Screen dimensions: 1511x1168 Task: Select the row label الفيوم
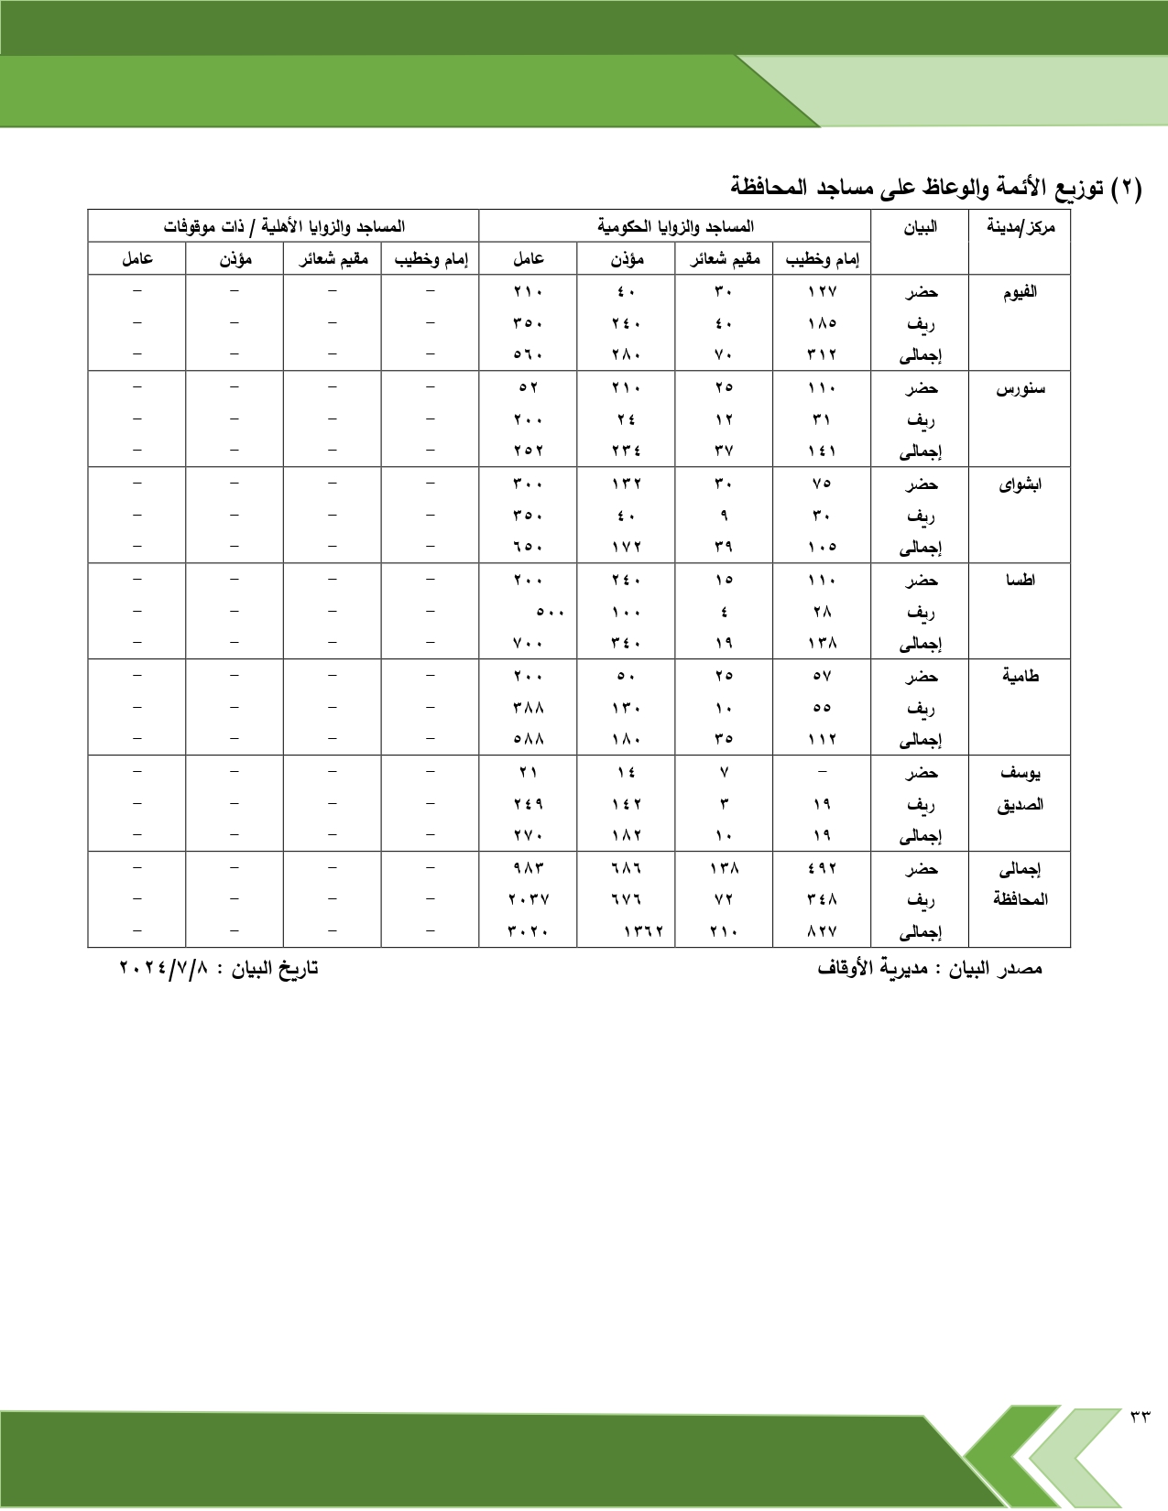point(1020,292)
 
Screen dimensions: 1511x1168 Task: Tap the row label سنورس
point(1020,388)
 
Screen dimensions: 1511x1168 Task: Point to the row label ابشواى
point(1020,484)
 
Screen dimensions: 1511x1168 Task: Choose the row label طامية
point(1020,677)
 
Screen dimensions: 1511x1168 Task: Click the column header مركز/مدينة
point(1020,227)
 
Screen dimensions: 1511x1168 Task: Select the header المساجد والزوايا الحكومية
point(675,226)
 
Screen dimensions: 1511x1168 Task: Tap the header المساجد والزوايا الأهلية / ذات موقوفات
point(284,226)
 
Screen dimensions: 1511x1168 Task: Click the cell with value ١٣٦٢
point(643,931)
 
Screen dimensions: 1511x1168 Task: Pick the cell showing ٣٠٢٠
point(528,931)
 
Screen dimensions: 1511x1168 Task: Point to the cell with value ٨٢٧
point(822,931)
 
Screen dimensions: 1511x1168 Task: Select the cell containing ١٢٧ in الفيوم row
point(822,292)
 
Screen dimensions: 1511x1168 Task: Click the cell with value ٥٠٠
point(550,612)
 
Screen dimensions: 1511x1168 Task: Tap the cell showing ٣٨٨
point(528,708)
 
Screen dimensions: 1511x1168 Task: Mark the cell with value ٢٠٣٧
point(528,899)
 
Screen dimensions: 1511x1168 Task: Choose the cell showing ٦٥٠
point(528,547)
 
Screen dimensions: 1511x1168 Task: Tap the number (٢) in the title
point(1126,189)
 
